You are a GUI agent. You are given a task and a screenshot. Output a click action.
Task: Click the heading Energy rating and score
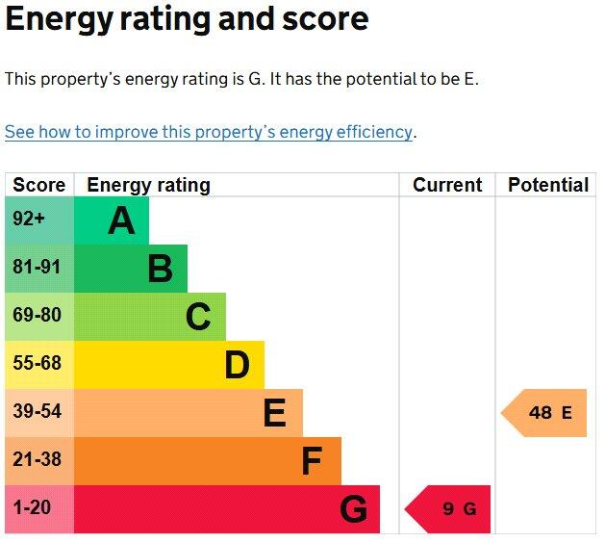187,20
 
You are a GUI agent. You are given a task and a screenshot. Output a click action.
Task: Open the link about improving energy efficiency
209,133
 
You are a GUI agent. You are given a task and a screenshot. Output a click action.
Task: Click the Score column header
39,185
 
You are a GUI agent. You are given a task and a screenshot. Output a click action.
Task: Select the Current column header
447,185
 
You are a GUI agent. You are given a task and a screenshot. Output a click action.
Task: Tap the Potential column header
548,185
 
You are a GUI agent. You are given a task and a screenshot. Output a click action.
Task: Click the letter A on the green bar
121,221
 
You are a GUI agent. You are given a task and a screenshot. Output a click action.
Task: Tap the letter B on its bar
160,270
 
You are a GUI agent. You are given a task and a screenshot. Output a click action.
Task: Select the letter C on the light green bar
198,317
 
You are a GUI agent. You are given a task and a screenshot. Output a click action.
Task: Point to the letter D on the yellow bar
237,365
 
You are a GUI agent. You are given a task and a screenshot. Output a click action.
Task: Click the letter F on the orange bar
312,461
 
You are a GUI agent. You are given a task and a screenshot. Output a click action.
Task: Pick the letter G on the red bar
353,509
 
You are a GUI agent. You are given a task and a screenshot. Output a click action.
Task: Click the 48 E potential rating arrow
545,413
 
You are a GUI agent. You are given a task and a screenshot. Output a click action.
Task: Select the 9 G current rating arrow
449,509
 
